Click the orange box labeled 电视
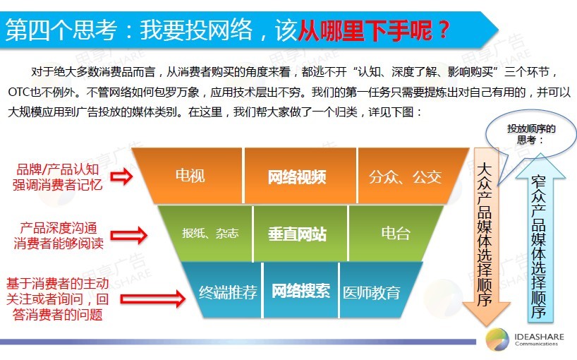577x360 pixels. coord(190,176)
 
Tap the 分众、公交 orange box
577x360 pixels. coord(408,176)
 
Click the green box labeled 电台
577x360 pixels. coord(394,233)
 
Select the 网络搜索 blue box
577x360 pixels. coord(300,291)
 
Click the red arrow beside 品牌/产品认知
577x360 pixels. coord(121,176)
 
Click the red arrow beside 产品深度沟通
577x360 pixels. coord(129,235)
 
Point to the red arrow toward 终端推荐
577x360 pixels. coord(153,299)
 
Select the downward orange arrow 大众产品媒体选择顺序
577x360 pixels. coord(486,236)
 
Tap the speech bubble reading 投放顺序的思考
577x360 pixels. coord(530,134)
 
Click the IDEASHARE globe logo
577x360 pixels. coord(497,340)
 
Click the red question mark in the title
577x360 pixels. coord(444,30)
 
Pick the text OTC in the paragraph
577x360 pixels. coord(19,92)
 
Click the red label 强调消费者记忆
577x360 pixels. coord(57,184)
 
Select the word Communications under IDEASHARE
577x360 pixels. coord(536,344)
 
